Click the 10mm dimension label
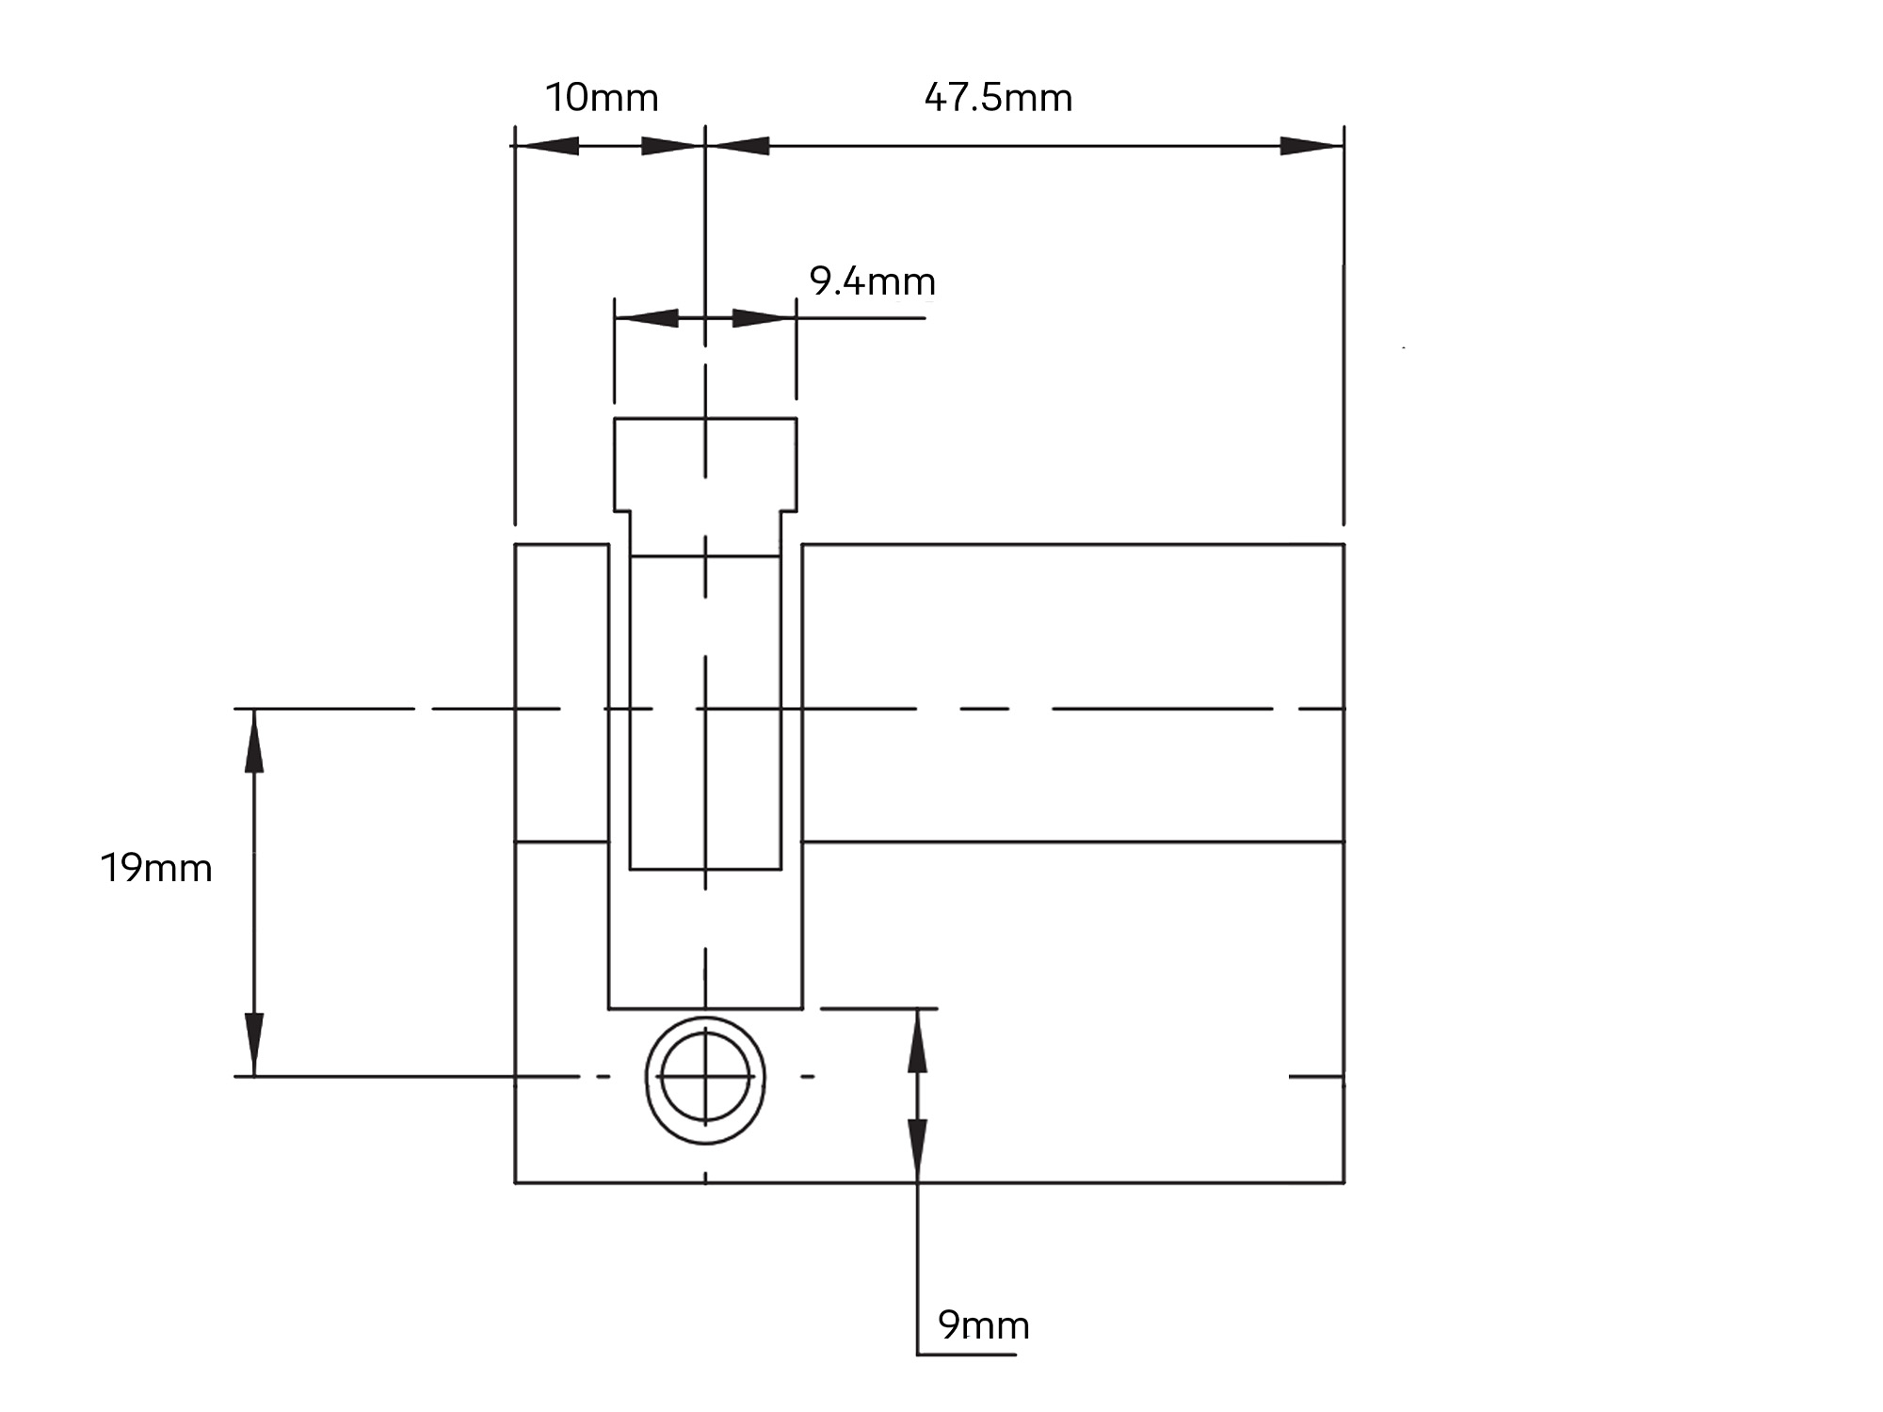click(x=602, y=98)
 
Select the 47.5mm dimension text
click(x=998, y=98)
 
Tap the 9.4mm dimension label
click(x=872, y=281)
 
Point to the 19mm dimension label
click(x=156, y=868)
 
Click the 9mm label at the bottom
click(x=984, y=1325)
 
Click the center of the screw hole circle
click(x=705, y=1077)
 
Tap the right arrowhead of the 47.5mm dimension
click(x=1311, y=147)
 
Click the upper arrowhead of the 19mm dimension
click(x=254, y=740)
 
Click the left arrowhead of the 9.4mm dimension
click(x=646, y=318)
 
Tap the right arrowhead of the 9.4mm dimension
click(x=764, y=318)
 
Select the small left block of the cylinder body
click(x=561, y=692)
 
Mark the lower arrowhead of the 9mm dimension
click(x=918, y=1150)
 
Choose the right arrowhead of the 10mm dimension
click(x=672, y=147)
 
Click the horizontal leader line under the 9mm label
click(x=967, y=1355)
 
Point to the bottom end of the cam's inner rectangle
click(x=705, y=868)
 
